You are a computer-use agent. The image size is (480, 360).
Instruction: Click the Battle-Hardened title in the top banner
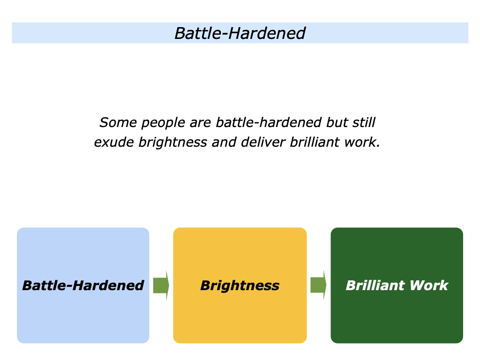(x=240, y=33)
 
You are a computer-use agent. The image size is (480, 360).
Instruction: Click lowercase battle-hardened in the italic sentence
(x=269, y=123)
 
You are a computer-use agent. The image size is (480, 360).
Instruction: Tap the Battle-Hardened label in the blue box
(x=83, y=285)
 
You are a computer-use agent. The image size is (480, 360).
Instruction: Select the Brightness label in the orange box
(x=240, y=285)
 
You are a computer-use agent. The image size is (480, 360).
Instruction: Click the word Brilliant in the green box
(x=373, y=285)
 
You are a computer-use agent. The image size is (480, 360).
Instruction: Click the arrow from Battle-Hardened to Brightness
(x=161, y=285)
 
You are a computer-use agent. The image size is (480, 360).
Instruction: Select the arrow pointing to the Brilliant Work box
(x=318, y=285)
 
